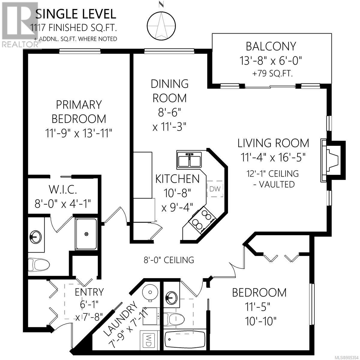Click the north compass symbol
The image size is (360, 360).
click(161, 26)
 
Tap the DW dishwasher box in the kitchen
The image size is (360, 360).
click(215, 189)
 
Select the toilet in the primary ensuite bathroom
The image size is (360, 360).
click(38, 265)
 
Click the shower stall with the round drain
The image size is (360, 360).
click(86, 234)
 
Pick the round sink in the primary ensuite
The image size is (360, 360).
click(36, 237)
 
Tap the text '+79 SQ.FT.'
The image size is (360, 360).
click(272, 73)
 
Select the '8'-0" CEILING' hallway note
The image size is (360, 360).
click(169, 260)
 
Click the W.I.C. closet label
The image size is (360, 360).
click(63, 190)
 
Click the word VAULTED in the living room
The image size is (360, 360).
click(277, 184)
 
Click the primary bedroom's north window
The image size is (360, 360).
click(80, 51)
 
